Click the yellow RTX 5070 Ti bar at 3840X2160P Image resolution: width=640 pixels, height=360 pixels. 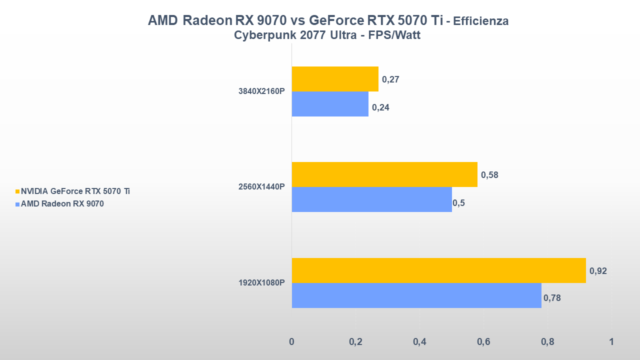pos(335,79)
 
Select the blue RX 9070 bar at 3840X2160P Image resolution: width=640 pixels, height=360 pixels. pos(330,104)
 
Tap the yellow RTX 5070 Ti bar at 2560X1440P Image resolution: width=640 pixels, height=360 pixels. pos(384,174)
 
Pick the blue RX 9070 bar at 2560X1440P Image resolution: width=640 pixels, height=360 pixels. pos(371,199)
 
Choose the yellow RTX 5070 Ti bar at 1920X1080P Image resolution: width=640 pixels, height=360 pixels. pos(438,270)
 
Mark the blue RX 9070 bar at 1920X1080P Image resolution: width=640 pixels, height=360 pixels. pos(416,295)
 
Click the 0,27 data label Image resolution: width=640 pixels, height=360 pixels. pos(390,79)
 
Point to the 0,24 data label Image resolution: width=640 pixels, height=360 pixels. pos(380,107)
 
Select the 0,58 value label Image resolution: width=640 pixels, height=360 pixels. pos(489,175)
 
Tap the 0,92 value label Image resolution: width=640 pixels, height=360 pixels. pos(598,271)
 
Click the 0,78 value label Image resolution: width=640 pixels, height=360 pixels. pos(551,298)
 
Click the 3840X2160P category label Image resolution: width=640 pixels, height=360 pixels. pos(261,91)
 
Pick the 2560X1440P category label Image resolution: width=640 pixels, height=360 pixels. pos(261,187)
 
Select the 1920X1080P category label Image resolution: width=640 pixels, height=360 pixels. pos(261,283)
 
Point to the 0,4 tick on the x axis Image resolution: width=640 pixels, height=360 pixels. pos(419,342)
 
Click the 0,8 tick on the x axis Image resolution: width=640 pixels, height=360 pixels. pos(547,342)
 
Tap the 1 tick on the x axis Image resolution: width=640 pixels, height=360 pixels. pos(611,342)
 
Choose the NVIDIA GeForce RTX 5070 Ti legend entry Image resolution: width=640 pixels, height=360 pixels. pos(75,191)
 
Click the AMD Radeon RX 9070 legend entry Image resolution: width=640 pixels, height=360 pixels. pos(62,203)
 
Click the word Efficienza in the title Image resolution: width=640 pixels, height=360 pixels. pos(480,21)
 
